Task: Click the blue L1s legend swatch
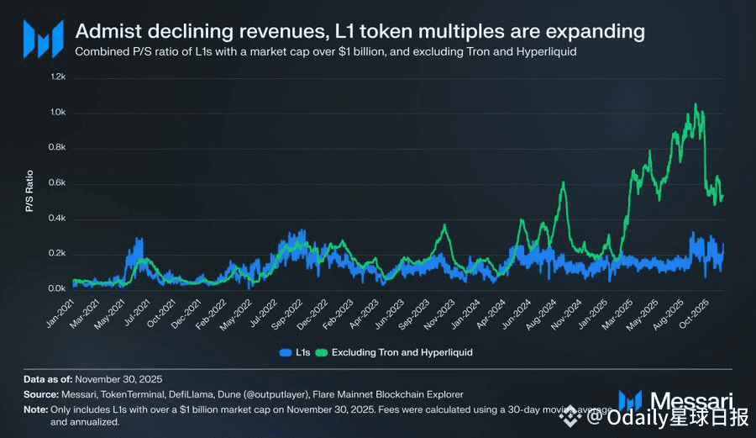click(x=285, y=352)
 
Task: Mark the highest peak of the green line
click(x=696, y=104)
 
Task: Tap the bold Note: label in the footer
click(x=35, y=409)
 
